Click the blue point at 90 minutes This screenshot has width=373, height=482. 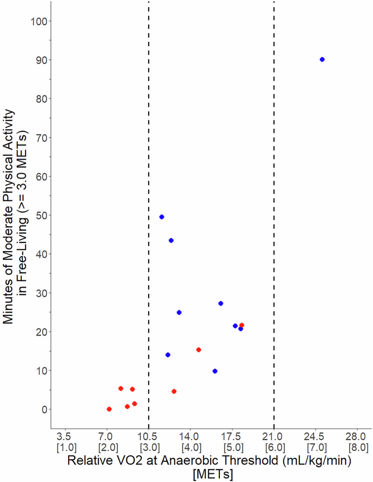point(322,59)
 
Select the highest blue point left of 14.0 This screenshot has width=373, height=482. point(162,217)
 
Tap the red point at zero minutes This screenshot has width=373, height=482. point(109,409)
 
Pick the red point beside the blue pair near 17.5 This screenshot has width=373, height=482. point(242,325)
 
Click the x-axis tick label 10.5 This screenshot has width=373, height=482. point(148,437)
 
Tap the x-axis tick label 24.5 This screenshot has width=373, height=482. point(315,437)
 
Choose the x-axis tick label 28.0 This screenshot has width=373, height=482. point(357,437)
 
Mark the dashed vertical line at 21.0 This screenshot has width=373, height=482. point(274,163)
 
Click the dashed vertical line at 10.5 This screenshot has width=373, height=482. point(149,163)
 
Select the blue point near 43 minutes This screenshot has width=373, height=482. point(171,240)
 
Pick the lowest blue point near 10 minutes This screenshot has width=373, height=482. point(215,371)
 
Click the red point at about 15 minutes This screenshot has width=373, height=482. point(199,350)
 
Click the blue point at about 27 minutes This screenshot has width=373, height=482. point(221,303)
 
